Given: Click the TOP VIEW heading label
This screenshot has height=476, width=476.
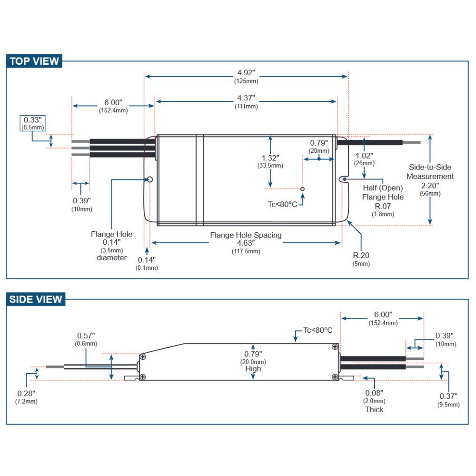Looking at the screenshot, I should pos(35,61).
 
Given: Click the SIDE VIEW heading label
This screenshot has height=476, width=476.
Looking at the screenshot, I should pos(36,299).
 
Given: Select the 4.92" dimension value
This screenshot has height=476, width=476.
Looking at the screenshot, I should pos(246,73).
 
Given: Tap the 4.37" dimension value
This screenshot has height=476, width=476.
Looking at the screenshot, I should pos(246,98).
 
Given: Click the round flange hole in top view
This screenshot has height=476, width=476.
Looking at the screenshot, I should pos(149,179).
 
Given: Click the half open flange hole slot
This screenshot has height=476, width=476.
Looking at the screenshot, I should pos(344,179).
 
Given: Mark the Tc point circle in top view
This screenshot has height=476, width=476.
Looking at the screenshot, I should pos(302,189).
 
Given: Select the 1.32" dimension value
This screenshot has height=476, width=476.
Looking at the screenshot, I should pos(270,158).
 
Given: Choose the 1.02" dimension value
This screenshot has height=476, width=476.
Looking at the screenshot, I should pos(364,155).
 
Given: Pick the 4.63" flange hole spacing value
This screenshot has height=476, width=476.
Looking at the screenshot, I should pos(246,243).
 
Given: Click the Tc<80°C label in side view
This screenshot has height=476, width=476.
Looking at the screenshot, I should pos(318,330).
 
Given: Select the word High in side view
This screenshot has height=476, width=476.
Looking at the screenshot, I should pos(253,369).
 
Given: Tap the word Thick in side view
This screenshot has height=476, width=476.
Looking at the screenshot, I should pos(374,409).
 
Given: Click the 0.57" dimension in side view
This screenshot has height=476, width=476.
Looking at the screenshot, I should pos(86,336).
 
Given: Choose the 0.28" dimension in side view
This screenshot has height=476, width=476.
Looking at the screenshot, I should pos(26,393).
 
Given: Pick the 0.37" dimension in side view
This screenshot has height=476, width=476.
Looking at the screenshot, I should pos(448,397).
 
